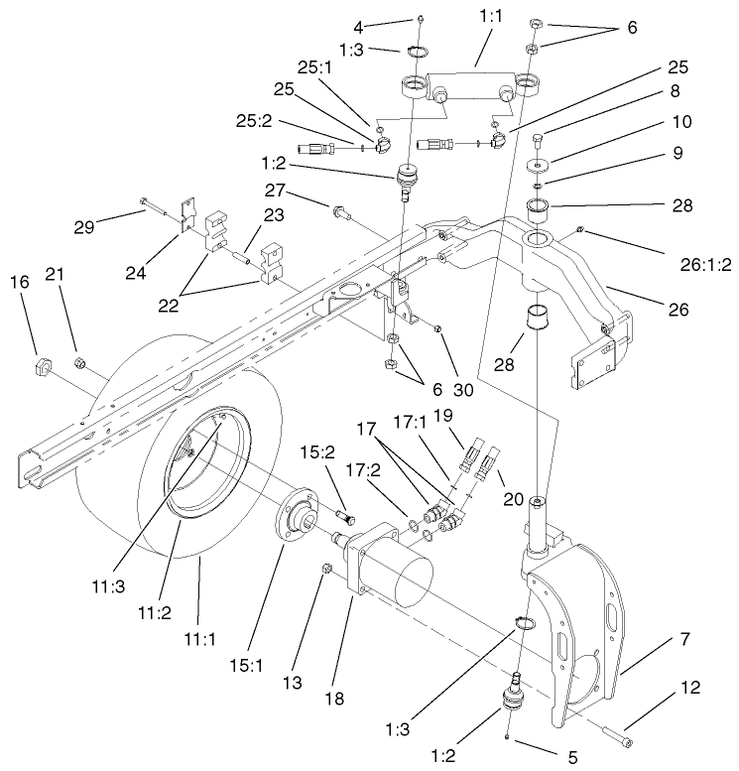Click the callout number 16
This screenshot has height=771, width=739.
pos(19,313)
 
